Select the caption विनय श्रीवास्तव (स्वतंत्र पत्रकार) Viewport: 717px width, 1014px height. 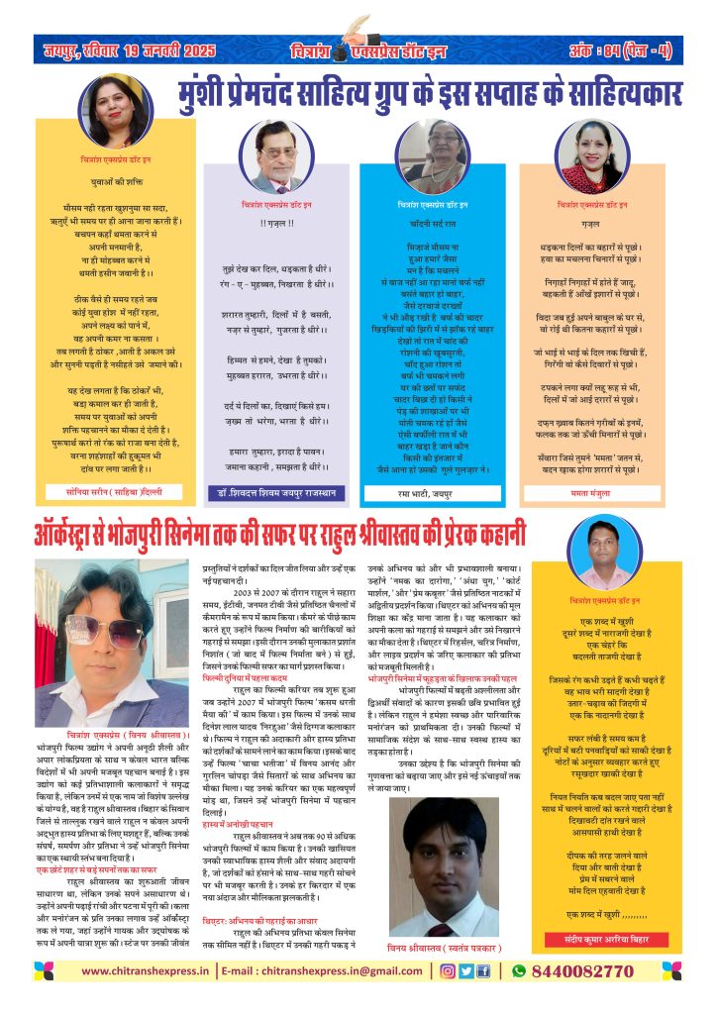click(x=434, y=949)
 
